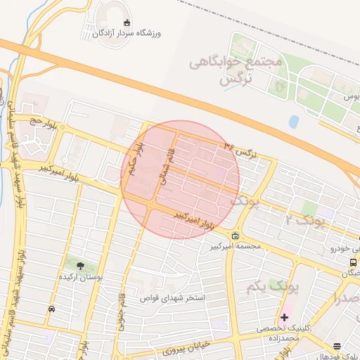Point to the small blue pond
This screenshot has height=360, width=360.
coord(293,121)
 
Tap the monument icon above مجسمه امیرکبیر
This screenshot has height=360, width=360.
coord(235,236)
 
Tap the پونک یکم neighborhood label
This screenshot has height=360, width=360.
coord(273,288)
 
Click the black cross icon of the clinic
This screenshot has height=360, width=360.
coord(285,317)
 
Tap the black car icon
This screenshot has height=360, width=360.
coord(52,309)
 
